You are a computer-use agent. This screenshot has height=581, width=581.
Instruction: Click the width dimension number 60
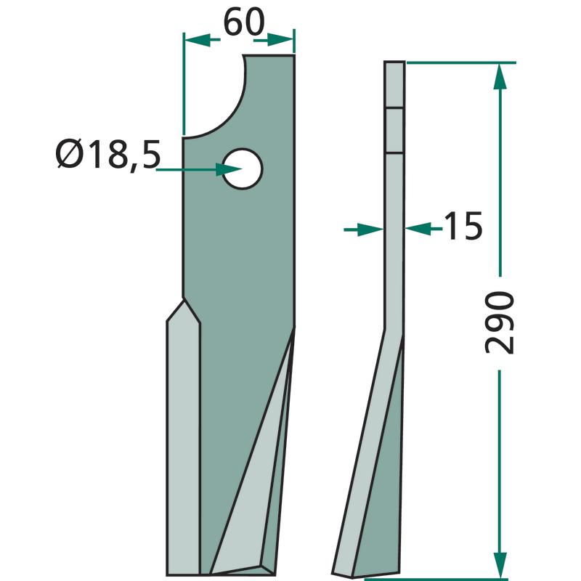pyautogui.click(x=244, y=23)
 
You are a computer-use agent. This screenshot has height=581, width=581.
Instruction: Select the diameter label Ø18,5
pyautogui.click(x=107, y=155)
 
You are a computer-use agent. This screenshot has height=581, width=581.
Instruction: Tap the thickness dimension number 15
pyautogui.click(x=463, y=226)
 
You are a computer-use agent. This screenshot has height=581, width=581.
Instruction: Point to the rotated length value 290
pyautogui.click(x=500, y=322)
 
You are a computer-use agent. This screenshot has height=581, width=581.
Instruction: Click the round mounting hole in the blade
pyautogui.click(x=243, y=169)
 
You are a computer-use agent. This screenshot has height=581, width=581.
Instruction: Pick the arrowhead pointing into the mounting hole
pyautogui.click(x=229, y=169)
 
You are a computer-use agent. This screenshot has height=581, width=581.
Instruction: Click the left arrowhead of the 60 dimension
pyautogui.click(x=198, y=40)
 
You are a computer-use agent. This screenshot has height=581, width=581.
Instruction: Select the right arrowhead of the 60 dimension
pyautogui.click(x=280, y=40)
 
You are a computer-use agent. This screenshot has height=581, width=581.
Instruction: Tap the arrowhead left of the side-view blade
pyautogui.click(x=370, y=229)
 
